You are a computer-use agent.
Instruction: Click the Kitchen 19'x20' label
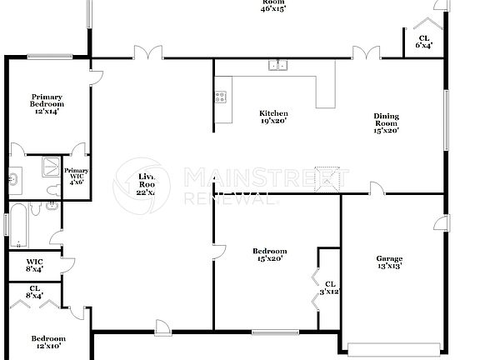coord(273,117)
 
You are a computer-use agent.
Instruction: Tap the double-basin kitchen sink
coord(277,65)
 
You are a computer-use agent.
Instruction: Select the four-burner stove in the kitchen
coord(221,97)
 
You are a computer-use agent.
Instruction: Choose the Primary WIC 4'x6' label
coord(77,176)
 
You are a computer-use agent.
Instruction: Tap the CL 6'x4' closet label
coord(423,42)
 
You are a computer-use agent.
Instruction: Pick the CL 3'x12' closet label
coord(330,288)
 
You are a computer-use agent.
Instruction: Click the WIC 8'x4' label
coord(34,265)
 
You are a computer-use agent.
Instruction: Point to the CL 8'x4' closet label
coord(34,292)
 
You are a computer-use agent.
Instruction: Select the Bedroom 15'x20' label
coord(270,255)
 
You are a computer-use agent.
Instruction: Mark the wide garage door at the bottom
coord(393,348)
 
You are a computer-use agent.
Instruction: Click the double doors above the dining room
coord(365,54)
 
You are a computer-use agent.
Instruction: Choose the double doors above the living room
coord(148,54)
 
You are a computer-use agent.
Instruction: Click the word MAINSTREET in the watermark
coord(267,177)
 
